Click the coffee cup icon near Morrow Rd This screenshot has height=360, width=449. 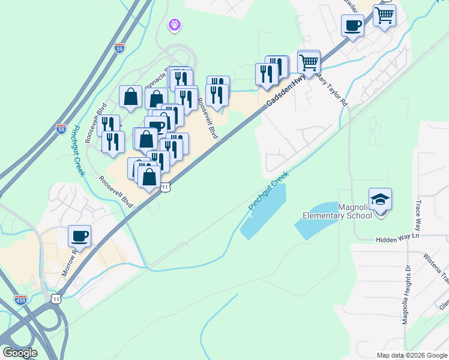click(79, 235)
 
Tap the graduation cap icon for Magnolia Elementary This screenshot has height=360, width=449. click(380, 199)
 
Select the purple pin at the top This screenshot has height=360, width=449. click(175, 25)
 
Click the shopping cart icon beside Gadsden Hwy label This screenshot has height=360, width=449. click(309, 61)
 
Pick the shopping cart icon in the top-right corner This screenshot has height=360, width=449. click(384, 14)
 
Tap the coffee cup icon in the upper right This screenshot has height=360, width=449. click(352, 26)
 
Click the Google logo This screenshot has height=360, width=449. click(20, 353)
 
